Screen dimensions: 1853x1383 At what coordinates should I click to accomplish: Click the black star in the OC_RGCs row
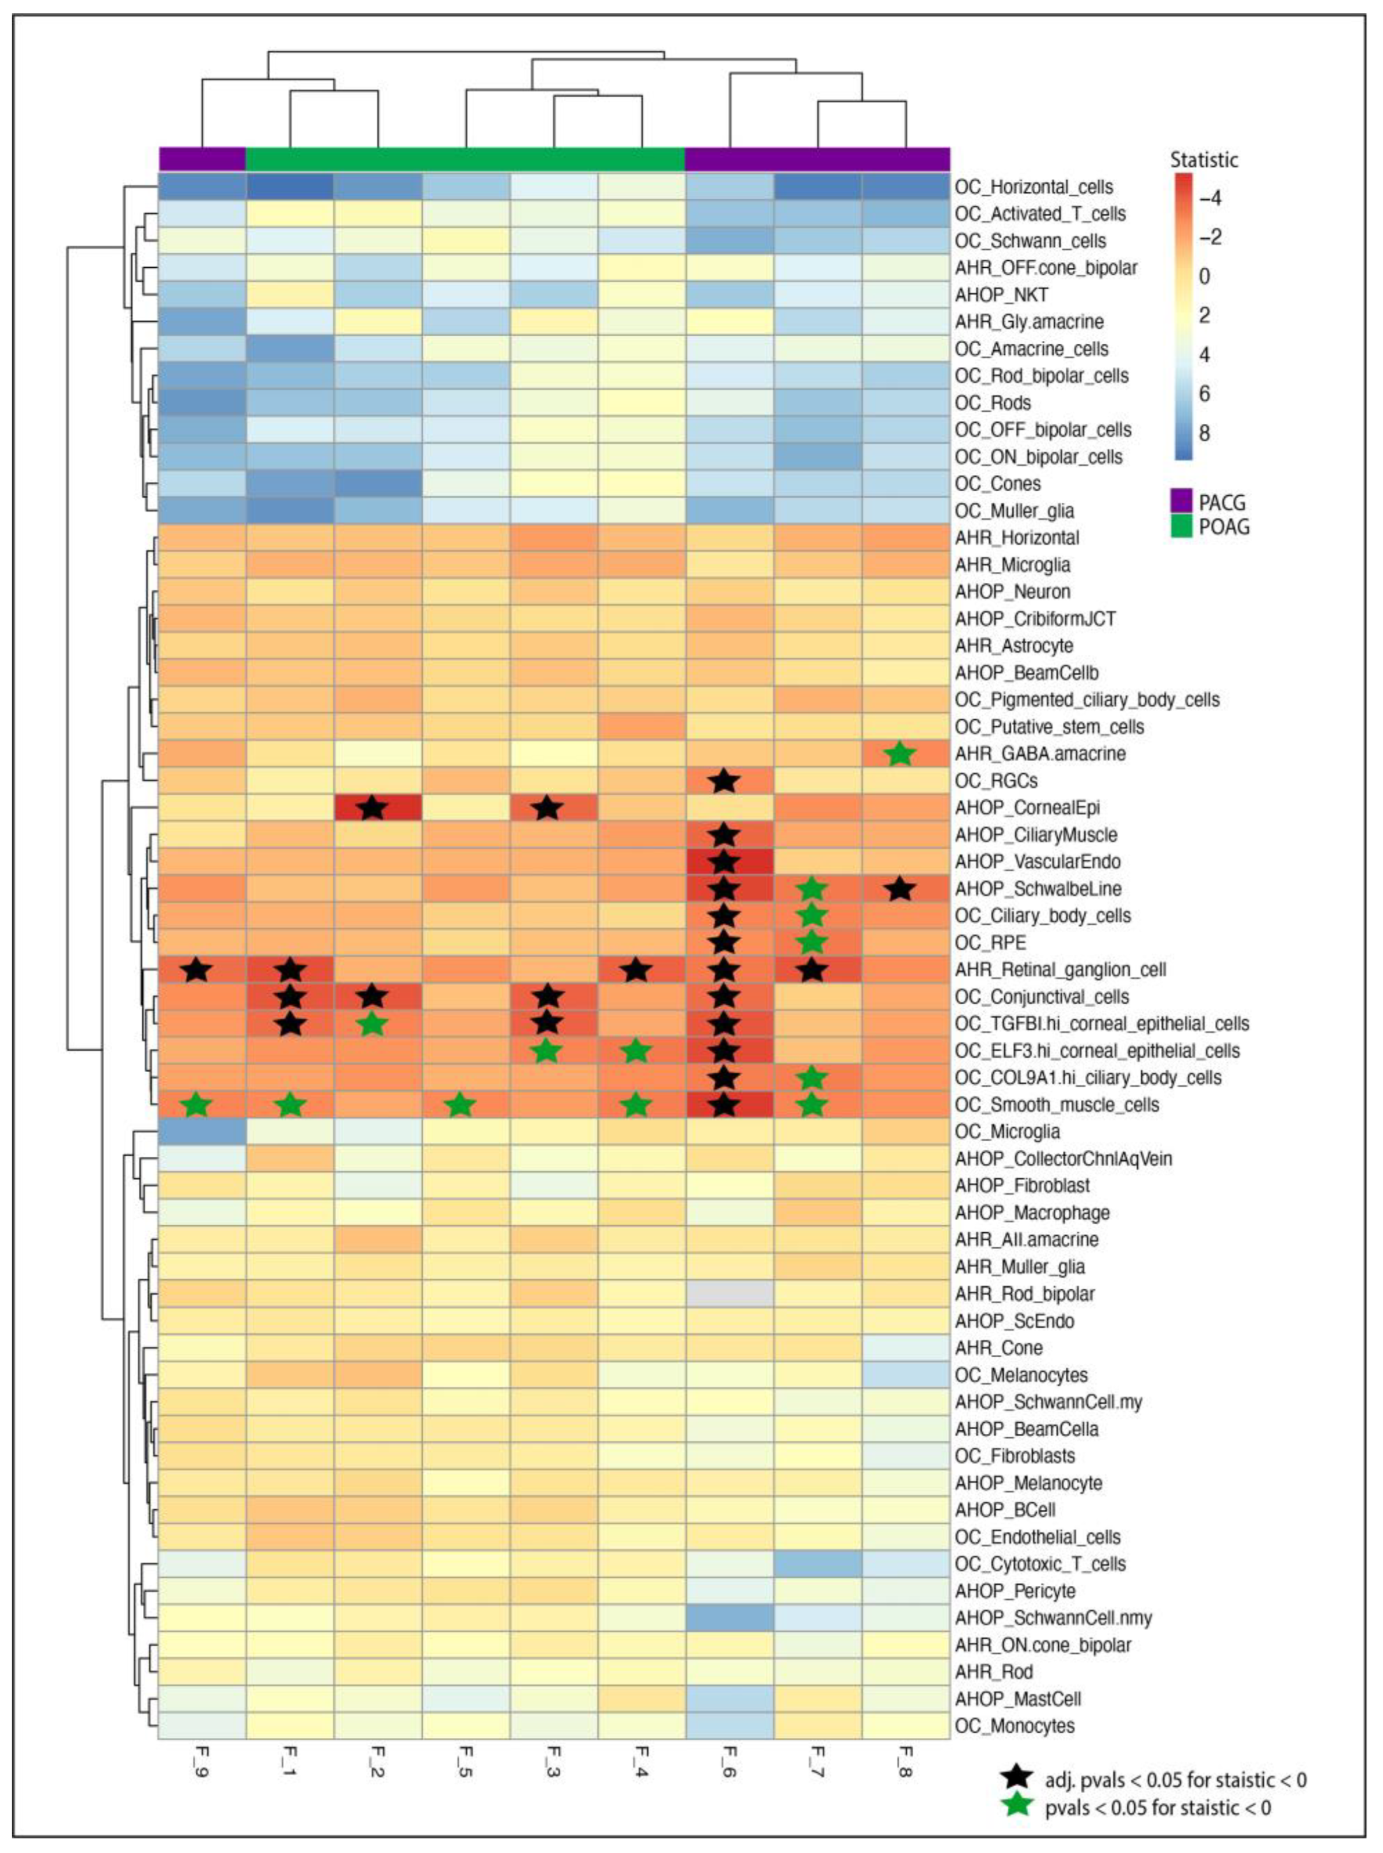click(x=725, y=781)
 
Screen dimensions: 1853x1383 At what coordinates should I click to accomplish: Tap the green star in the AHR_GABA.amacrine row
click(x=900, y=754)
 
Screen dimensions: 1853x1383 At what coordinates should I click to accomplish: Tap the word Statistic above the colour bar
click(x=1204, y=159)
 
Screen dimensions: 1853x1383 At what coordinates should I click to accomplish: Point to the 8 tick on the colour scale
click(x=1205, y=433)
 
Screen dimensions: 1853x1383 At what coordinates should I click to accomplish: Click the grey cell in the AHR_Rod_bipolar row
click(x=728, y=1294)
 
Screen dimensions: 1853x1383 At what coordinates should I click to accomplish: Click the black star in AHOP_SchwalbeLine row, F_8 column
click(x=900, y=888)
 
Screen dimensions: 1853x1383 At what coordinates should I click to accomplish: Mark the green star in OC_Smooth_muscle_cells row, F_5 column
click(x=459, y=1105)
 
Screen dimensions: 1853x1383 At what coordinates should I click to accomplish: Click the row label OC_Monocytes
click(x=1015, y=1726)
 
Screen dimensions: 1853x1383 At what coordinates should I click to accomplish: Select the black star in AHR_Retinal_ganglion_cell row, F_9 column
click(x=197, y=970)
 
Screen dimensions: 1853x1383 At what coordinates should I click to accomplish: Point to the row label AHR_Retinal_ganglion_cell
click(x=1060, y=970)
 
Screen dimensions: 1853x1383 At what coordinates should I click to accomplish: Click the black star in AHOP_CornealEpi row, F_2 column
click(x=373, y=808)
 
